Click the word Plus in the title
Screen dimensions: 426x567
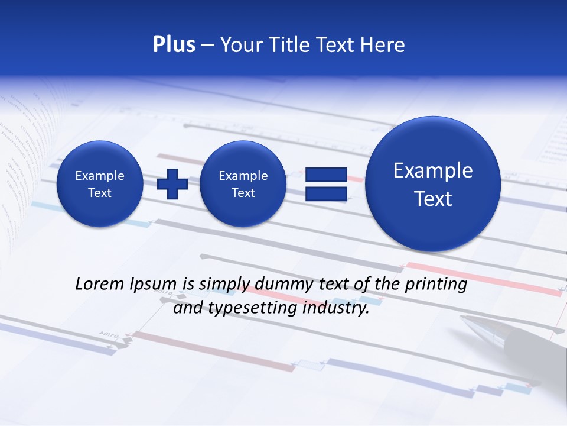(x=174, y=45)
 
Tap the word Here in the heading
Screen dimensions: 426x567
(x=383, y=45)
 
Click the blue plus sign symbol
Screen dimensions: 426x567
(x=172, y=183)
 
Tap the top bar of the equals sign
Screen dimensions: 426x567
(x=326, y=175)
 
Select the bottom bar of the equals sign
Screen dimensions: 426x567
(x=326, y=193)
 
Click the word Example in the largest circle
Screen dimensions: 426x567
(x=433, y=171)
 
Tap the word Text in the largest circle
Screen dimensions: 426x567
(x=433, y=199)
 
